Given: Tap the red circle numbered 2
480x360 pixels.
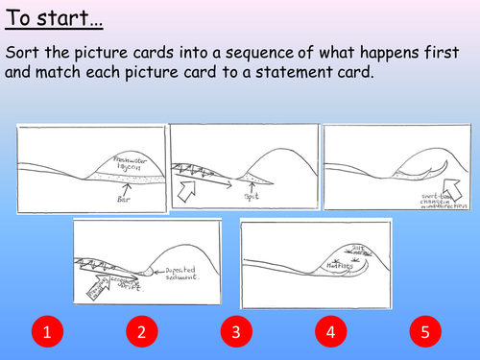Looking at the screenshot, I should coord(141,333).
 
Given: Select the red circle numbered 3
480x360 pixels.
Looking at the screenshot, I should coord(234,333).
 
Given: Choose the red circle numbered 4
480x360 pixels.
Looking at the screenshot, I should coord(328,333).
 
